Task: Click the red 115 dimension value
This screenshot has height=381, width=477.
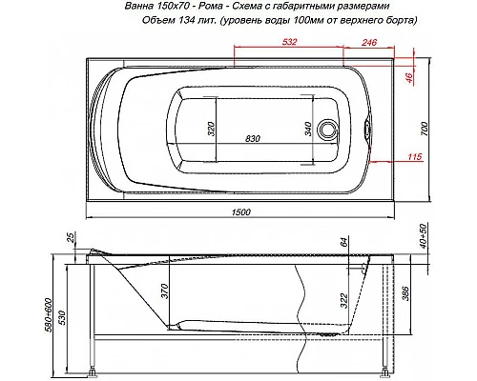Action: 415,156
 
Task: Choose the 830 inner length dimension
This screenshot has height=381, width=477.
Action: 253,139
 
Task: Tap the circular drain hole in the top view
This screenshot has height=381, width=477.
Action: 330,128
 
